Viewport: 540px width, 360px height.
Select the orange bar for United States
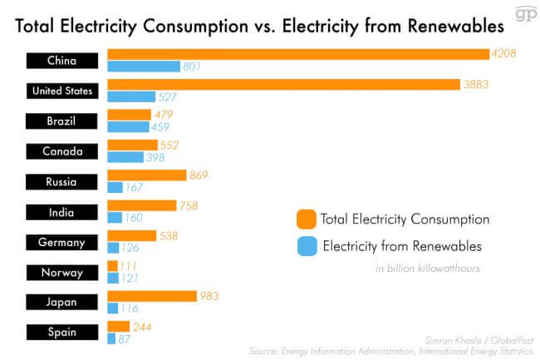pos(283,85)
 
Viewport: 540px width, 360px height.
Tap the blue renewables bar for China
pos(144,67)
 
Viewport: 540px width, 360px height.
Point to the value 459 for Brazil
pos(160,127)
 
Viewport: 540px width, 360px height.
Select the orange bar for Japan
pos(150,296)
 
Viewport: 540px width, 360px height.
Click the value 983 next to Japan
pos(209,296)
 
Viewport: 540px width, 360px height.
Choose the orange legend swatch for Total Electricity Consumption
pos(306,220)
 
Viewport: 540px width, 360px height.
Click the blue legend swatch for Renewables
pos(306,246)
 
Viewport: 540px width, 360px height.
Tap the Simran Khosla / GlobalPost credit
pos(488,341)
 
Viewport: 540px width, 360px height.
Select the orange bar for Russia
pos(146,175)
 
